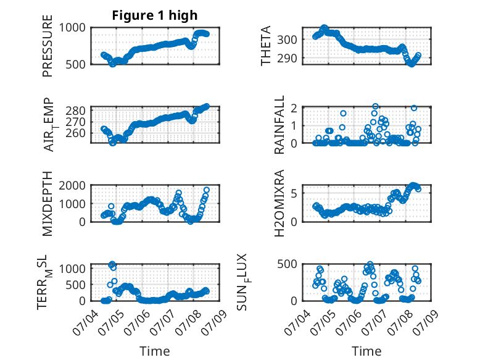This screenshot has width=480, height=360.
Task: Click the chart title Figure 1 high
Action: [x=155, y=15]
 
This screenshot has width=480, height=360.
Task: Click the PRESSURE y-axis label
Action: [x=48, y=46]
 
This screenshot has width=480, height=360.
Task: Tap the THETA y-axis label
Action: [x=266, y=46]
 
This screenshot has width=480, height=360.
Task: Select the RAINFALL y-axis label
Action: [x=279, y=125]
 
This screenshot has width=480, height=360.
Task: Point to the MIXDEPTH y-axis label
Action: [x=48, y=203]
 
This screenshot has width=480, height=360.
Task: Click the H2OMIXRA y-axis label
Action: [x=279, y=203]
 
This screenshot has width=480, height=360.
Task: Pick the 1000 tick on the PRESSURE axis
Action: [x=72, y=28]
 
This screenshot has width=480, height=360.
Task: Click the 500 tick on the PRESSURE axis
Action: [x=76, y=64]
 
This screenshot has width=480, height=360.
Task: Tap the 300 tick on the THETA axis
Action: [x=287, y=40]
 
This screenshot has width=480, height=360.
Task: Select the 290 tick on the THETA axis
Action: [x=287, y=58]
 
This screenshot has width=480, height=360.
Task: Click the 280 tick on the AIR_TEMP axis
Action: [x=76, y=111]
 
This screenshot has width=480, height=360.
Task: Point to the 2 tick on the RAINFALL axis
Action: [x=294, y=108]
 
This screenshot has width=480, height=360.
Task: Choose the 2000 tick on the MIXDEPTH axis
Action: [x=72, y=185]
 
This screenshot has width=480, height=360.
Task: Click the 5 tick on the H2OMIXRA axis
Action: [x=294, y=193]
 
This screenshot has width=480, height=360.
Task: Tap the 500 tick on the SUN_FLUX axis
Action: [x=287, y=264]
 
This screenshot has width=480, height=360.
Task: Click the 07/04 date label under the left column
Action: [x=85, y=322]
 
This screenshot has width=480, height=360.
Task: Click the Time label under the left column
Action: [x=155, y=351]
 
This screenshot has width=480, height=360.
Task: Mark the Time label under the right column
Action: [x=366, y=351]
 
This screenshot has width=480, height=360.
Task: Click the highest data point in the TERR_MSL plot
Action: [x=112, y=264]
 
